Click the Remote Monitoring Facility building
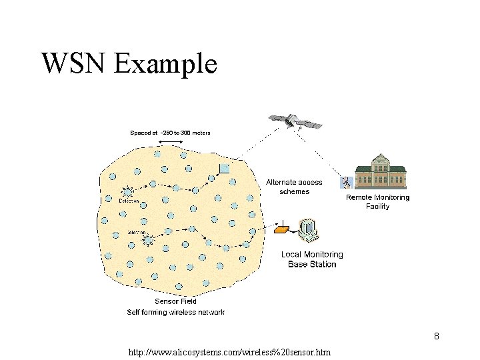(x=381, y=173)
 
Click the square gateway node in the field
(x=225, y=168)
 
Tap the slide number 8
(x=436, y=336)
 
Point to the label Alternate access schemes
(x=294, y=187)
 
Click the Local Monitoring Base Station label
(x=312, y=259)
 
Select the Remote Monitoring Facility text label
(x=377, y=201)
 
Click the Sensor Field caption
(x=175, y=301)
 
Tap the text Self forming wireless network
(x=175, y=312)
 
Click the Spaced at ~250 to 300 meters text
(x=170, y=133)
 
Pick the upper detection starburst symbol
(x=127, y=191)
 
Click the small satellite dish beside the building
(x=346, y=181)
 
